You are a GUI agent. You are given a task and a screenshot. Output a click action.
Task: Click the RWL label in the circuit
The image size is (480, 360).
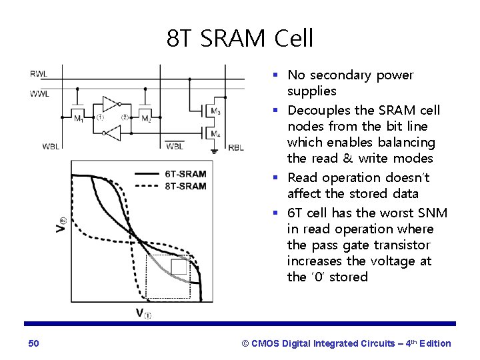click(x=39, y=74)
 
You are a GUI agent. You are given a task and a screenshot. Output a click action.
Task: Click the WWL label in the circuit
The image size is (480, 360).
click(x=39, y=93)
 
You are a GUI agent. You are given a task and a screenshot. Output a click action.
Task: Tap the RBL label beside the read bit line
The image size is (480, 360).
click(x=236, y=147)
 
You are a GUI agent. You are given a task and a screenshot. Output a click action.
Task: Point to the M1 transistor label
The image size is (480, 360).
click(x=79, y=119)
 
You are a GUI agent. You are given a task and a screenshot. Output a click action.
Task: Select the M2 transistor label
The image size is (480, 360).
click(x=147, y=119)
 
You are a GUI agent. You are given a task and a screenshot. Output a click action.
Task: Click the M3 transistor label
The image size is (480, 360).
click(x=215, y=111)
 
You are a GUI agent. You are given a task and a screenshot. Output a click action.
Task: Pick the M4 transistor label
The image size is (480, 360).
click(x=215, y=134)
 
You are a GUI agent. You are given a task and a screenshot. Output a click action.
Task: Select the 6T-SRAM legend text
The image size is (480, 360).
click(x=185, y=174)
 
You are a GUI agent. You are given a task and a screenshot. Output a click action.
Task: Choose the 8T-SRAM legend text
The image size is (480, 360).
click(x=185, y=185)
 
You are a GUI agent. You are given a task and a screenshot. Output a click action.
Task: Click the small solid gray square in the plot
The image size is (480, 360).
click(x=179, y=267)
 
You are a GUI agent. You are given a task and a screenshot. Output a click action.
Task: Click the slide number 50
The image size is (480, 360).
click(x=34, y=343)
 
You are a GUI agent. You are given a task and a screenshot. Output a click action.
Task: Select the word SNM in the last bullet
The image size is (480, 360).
click(x=433, y=213)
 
